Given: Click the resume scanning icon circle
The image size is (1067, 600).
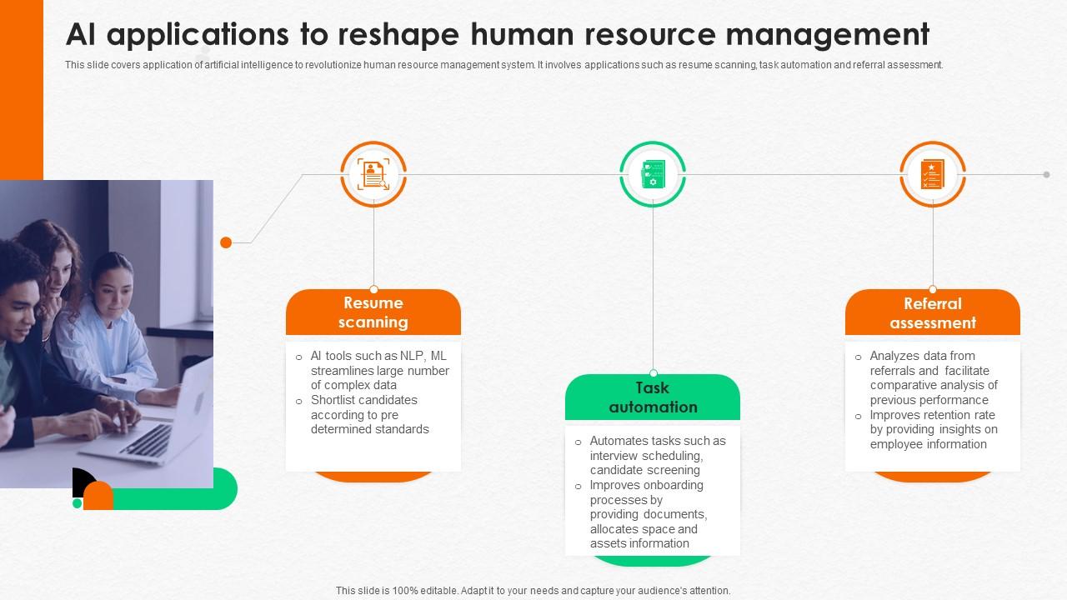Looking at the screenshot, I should (373, 174).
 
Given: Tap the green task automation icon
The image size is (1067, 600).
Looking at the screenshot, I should (653, 174).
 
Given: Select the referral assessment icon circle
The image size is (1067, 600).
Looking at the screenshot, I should (933, 174).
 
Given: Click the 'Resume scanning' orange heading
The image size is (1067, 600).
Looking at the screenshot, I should (373, 312).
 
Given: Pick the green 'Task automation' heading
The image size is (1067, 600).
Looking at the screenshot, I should (653, 397).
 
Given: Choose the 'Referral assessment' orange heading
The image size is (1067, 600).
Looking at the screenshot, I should (933, 313).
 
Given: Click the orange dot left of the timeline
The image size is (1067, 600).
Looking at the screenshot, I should (226, 242).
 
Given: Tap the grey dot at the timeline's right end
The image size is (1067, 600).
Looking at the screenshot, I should (1046, 174).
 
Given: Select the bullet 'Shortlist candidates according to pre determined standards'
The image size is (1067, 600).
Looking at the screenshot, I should (370, 415).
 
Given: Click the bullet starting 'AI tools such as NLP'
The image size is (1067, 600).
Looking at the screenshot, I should (379, 370).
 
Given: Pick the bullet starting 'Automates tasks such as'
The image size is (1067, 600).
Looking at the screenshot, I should (657, 455).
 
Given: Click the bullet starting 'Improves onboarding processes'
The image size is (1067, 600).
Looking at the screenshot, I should (648, 514).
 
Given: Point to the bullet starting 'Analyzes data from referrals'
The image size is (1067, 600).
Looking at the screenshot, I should (933, 377).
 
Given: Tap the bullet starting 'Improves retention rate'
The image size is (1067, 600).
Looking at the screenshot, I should (933, 429).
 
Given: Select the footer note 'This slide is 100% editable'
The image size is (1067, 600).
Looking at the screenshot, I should (533, 590).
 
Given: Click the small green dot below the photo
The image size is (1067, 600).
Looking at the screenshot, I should (78, 503).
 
